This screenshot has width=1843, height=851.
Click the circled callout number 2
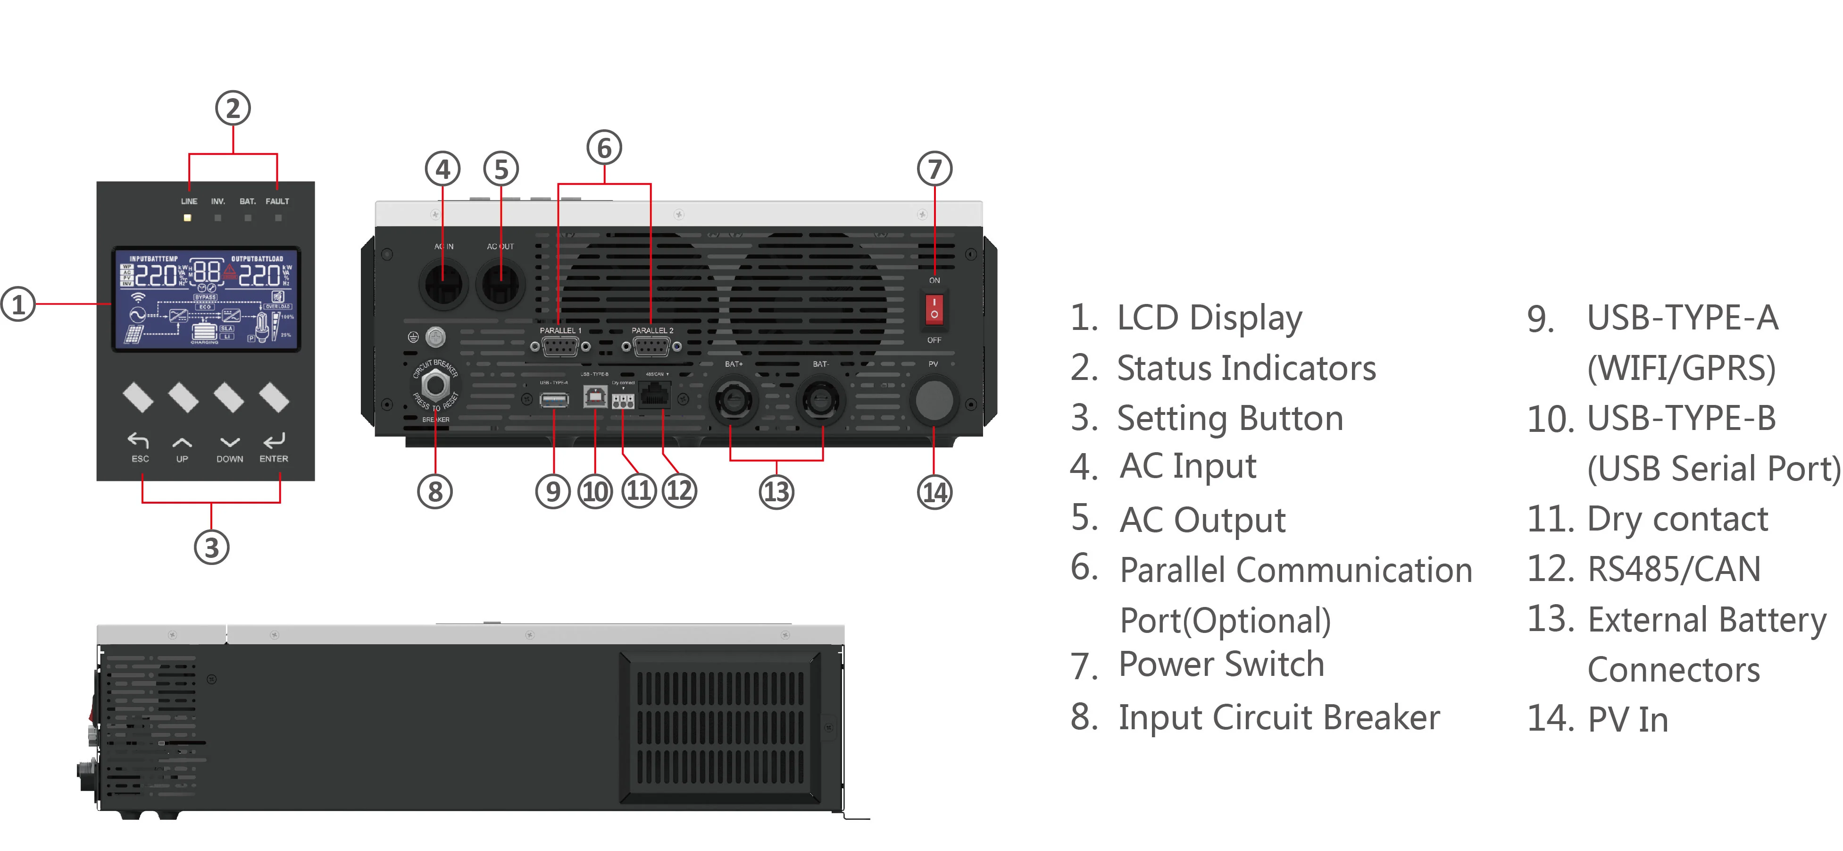(233, 109)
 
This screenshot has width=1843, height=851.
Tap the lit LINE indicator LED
(187, 218)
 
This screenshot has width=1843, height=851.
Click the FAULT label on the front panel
(277, 201)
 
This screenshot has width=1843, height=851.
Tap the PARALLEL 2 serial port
(652, 347)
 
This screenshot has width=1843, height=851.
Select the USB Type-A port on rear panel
(554, 399)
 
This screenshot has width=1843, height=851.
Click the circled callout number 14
(934, 492)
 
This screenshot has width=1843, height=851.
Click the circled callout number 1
(18, 304)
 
